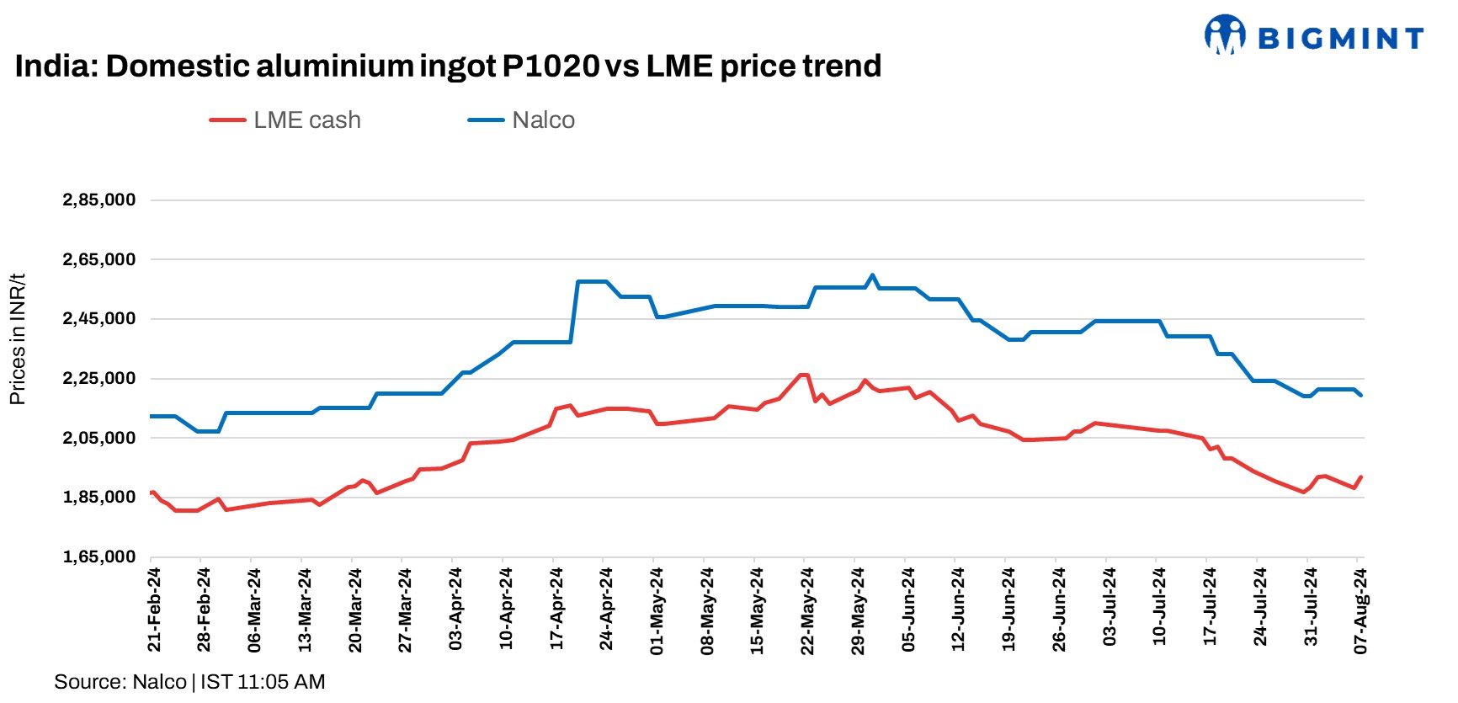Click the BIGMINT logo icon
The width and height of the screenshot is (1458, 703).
[x=1225, y=35]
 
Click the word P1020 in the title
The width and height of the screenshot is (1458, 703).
[x=551, y=66]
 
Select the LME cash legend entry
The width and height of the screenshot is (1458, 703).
[x=286, y=120]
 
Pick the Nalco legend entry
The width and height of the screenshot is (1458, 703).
[x=522, y=120]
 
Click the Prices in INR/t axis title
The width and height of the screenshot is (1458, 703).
[x=18, y=338]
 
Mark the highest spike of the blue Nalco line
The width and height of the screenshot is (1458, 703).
[x=872, y=275]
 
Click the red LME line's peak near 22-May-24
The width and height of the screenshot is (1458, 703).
[x=804, y=375]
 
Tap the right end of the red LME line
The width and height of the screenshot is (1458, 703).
[x=1360, y=477]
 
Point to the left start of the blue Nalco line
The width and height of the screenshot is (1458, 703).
[x=152, y=416]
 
